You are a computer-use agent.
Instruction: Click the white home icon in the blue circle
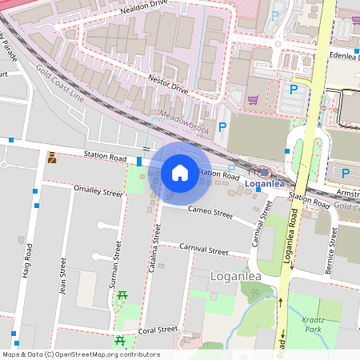[x=180, y=172]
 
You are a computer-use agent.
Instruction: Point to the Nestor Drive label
[x=168, y=84]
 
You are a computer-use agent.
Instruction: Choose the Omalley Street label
[x=98, y=192]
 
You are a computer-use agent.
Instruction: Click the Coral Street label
[x=157, y=329]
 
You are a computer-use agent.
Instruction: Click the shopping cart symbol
[x=254, y=101]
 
